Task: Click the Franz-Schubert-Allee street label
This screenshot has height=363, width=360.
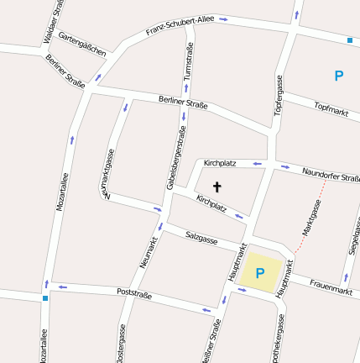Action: click(180, 25)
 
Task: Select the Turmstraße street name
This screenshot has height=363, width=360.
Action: click(189, 61)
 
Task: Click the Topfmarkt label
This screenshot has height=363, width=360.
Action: click(331, 108)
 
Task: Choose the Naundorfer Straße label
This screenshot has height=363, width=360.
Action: click(331, 173)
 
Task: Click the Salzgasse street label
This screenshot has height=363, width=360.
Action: click(201, 239)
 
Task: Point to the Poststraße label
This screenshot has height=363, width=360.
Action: click(134, 295)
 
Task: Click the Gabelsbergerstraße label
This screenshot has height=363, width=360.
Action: click(175, 157)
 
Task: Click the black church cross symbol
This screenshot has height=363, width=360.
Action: click(217, 187)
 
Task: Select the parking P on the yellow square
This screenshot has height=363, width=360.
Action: click(260, 272)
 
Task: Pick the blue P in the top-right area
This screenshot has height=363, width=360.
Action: click(339, 76)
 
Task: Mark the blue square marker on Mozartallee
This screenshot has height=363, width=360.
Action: click(44, 297)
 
